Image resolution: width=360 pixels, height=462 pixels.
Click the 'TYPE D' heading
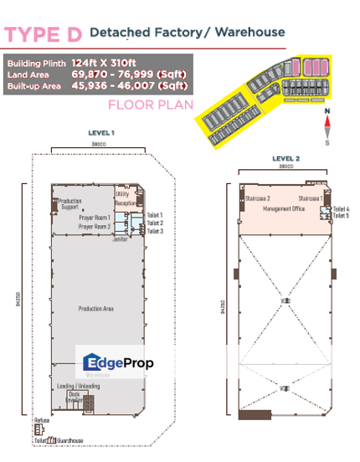44,34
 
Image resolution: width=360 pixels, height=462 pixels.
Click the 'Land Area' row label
26,74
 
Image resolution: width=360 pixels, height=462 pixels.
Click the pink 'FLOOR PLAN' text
150,105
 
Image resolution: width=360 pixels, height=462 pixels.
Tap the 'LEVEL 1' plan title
100,132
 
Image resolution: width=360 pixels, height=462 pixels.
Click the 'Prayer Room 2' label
95,227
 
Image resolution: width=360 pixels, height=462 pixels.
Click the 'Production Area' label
95,309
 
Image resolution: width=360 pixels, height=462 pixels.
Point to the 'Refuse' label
41,421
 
